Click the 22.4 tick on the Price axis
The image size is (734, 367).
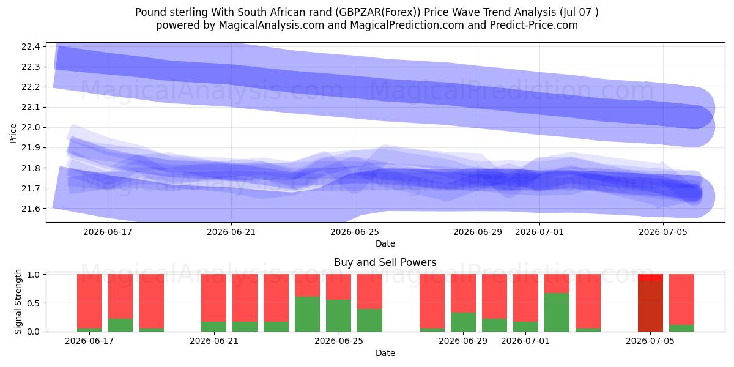coord(31,46)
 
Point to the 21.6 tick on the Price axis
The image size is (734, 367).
coord(31,209)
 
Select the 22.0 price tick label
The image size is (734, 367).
coord(31,127)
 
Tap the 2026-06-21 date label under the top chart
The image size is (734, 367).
coord(231,232)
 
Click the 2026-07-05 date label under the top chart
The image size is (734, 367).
coord(663,232)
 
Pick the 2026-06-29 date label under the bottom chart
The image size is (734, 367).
coord(463,341)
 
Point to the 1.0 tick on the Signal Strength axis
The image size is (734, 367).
coord(34,275)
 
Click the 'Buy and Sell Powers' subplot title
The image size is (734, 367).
coord(385,262)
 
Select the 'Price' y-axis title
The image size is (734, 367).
coord(13,133)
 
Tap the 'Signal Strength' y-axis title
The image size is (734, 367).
coord(18,302)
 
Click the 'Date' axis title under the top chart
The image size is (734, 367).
coord(385,243)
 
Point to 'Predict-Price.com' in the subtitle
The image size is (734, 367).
coord(534,25)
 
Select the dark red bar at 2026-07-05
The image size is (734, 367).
coord(650,306)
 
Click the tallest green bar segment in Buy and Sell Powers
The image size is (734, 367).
coord(557,313)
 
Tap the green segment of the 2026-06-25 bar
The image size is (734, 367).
coord(338,316)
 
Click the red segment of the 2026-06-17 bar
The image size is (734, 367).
coord(89,301)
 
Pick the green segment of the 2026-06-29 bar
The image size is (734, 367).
coord(463,322)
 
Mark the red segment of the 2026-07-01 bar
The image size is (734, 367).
coord(525,298)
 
